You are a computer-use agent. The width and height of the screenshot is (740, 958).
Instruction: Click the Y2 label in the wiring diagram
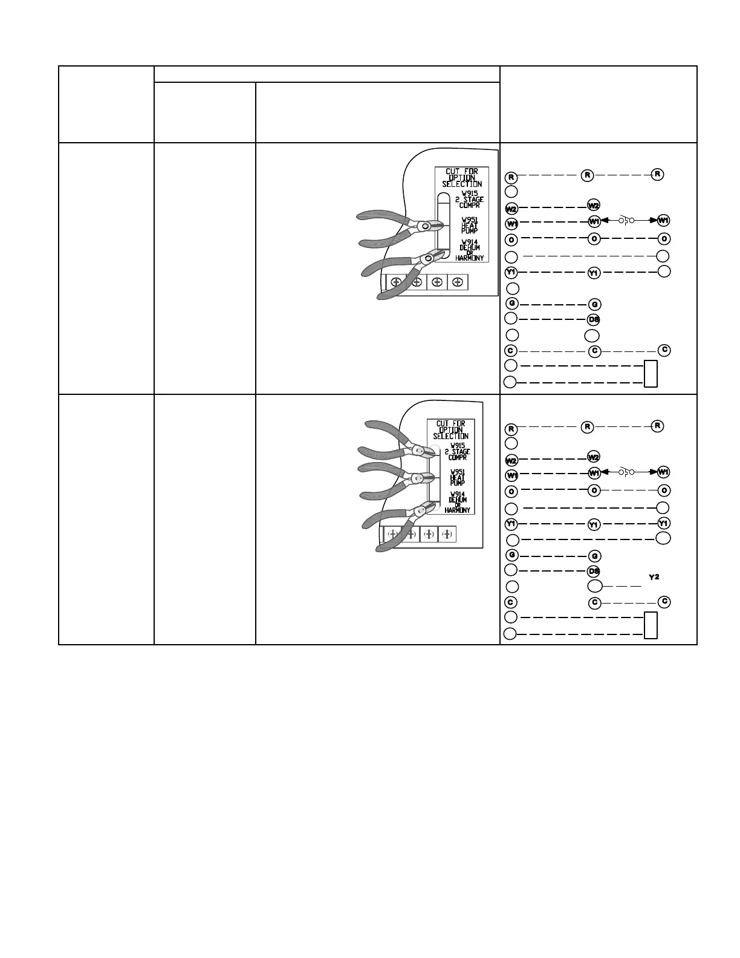pyautogui.click(x=654, y=578)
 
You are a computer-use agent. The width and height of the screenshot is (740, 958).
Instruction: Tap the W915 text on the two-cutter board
pyautogui.click(x=468, y=193)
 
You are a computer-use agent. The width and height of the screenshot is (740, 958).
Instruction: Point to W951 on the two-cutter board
pyautogui.click(x=469, y=220)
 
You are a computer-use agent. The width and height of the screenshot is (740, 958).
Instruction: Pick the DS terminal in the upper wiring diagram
pyautogui.click(x=594, y=319)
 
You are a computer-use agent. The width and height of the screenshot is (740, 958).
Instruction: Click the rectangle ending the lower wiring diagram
pyautogui.click(x=651, y=625)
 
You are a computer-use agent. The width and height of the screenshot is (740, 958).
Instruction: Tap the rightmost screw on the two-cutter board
pyautogui.click(x=458, y=282)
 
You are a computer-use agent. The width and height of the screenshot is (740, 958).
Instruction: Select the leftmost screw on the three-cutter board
pyautogui.click(x=392, y=534)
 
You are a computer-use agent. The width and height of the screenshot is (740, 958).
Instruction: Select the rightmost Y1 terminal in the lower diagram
pyautogui.click(x=663, y=523)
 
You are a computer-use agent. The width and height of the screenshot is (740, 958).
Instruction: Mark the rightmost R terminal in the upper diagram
pyautogui.click(x=658, y=174)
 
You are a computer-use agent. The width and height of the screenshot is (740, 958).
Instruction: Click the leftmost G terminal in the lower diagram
pyautogui.click(x=511, y=555)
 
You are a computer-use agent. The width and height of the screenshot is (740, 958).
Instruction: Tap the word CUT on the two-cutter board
pyautogui.click(x=453, y=172)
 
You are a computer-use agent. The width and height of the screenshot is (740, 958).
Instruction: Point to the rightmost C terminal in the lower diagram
pyautogui.click(x=664, y=601)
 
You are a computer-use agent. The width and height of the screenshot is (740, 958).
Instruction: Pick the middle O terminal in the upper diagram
pyautogui.click(x=594, y=238)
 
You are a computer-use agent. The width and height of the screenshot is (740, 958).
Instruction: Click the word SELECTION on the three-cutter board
pyautogui.click(x=451, y=436)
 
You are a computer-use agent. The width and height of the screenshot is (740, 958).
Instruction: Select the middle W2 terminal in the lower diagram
pyautogui.click(x=594, y=456)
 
